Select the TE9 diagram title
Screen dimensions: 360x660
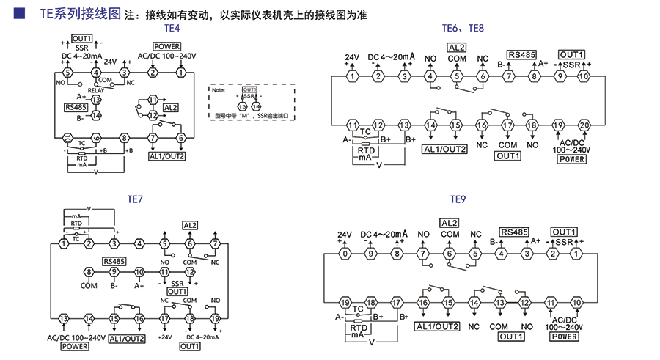(458, 199)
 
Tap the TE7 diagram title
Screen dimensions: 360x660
(135, 199)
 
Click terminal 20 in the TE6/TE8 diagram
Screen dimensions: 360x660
(584, 125)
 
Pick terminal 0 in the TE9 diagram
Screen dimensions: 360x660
(344, 254)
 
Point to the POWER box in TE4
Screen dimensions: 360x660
(166, 47)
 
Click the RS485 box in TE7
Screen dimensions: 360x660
(114, 260)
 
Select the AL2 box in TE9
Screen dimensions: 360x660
(450, 222)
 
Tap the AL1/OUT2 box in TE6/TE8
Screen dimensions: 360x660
(444, 150)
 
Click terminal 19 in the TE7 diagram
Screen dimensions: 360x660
(215, 318)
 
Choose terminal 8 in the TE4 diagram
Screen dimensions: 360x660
(124, 138)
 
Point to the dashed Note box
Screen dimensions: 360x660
(252, 100)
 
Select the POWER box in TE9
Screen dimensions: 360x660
(564, 337)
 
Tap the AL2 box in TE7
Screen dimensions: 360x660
(190, 224)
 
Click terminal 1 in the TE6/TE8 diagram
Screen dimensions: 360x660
(352, 76)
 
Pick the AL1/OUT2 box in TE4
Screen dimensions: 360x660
(166, 156)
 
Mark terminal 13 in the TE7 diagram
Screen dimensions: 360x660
(64, 318)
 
